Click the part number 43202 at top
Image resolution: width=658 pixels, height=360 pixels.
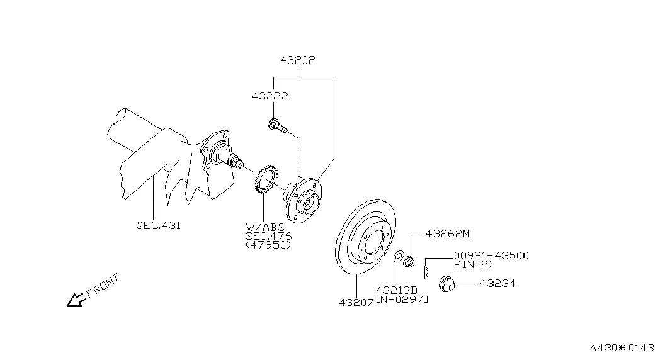298,60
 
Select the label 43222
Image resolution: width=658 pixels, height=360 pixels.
270,96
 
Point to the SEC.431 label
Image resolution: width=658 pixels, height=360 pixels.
159,225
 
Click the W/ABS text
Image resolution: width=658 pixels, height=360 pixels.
265,227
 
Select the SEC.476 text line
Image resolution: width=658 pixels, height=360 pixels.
269,236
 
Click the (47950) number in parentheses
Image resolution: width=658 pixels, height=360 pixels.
268,245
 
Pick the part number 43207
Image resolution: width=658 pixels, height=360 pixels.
356,302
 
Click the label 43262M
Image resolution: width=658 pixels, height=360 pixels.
447,233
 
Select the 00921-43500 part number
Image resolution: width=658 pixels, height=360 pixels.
491,256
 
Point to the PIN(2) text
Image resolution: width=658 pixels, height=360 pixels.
474,264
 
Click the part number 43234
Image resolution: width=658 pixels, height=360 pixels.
497,284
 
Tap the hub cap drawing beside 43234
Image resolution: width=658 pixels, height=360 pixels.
447,284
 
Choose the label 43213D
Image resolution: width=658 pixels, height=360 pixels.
397,290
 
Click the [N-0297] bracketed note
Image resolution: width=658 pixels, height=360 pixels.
402,299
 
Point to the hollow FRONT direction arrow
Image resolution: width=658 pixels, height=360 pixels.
76,300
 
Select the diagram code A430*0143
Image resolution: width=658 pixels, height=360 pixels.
622,348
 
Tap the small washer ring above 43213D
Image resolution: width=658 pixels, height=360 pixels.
399,256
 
